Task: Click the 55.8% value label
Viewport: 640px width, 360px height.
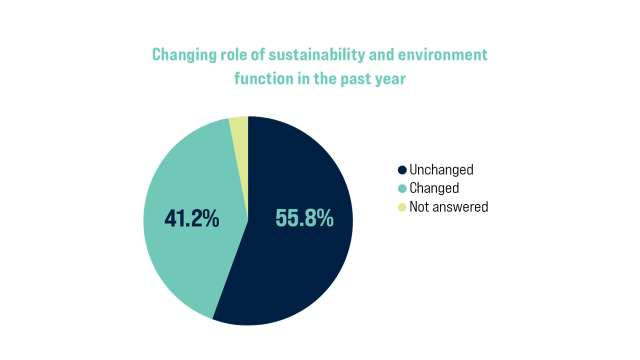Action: (304, 218)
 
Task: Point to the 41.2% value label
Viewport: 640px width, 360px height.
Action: (192, 218)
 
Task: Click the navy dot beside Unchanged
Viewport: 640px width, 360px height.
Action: (402, 170)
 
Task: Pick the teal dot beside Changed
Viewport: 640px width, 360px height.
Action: (402, 188)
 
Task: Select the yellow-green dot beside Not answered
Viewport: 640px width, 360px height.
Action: (402, 207)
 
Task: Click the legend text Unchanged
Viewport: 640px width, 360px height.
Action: (441, 170)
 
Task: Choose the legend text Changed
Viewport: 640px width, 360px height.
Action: (434, 188)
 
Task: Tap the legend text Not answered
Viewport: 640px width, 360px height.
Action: (448, 207)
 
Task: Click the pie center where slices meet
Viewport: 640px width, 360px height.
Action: (248, 220)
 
